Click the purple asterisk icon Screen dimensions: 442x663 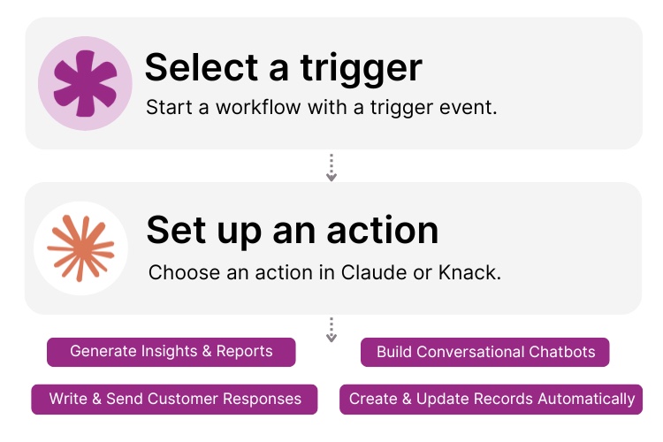tap(85, 84)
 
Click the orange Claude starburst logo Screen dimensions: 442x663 tap(80, 248)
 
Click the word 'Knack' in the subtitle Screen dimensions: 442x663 tap(468, 272)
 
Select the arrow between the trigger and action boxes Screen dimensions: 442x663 tap(331, 167)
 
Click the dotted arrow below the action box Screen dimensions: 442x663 tap(331, 329)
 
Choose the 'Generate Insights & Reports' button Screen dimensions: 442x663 tap(171, 351)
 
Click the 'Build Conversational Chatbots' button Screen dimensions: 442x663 tap(485, 352)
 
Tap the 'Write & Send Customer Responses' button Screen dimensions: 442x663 tap(175, 399)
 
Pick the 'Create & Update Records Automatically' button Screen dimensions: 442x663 tap(492, 399)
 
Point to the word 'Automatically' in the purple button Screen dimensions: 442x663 tap(588, 399)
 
